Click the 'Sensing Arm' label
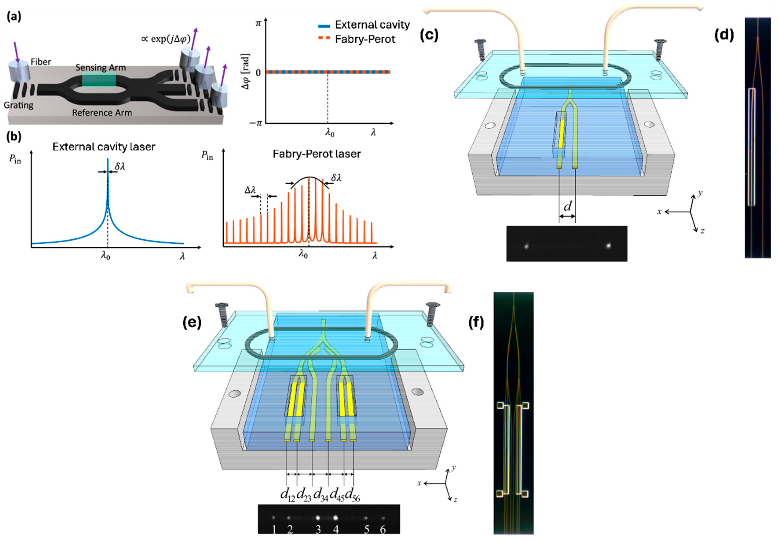tap(101, 68)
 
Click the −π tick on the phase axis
tap(256, 123)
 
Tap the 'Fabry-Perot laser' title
tap(316, 154)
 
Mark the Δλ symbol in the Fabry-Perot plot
tap(250, 190)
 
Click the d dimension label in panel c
tap(567, 206)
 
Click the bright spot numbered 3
tap(318, 518)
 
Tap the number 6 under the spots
tap(383, 529)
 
